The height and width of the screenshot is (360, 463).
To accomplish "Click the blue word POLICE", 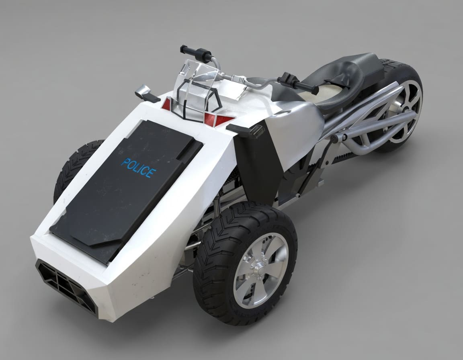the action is pyautogui.click(x=138, y=168).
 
